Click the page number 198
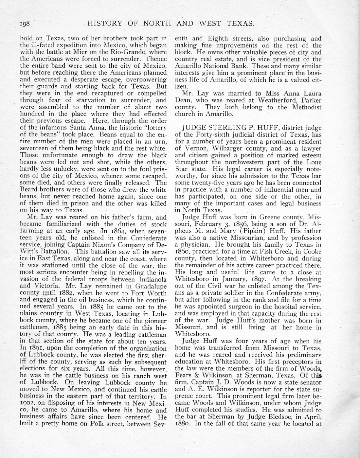click(25, 23)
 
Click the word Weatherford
click(276, 100)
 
